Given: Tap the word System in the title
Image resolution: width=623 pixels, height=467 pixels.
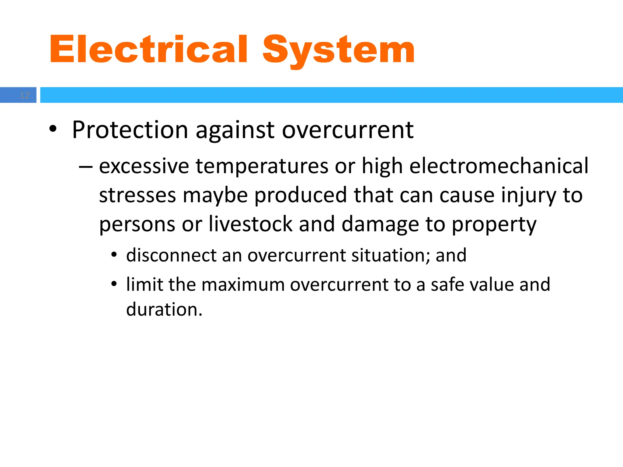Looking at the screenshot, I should pos(339,50).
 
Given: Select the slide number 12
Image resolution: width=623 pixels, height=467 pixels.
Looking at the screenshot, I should pos(25,95).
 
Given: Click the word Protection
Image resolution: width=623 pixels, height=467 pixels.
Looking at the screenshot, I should pos(130,130).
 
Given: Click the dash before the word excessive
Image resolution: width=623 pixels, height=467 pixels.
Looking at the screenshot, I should pos(85,167).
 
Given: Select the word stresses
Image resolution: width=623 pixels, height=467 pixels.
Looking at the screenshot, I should pos(137,195).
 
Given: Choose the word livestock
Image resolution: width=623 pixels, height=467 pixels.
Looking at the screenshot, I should pos(250,224).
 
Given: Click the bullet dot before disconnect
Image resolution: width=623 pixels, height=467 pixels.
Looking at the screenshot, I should pos(114,254).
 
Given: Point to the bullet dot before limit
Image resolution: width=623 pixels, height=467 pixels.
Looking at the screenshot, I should pos(114,284).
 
